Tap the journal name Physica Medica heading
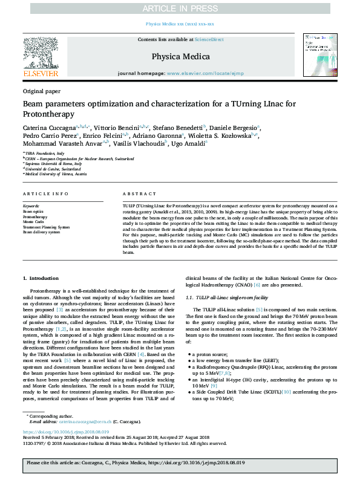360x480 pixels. (180, 57)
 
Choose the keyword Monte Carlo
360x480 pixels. (33, 222)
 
